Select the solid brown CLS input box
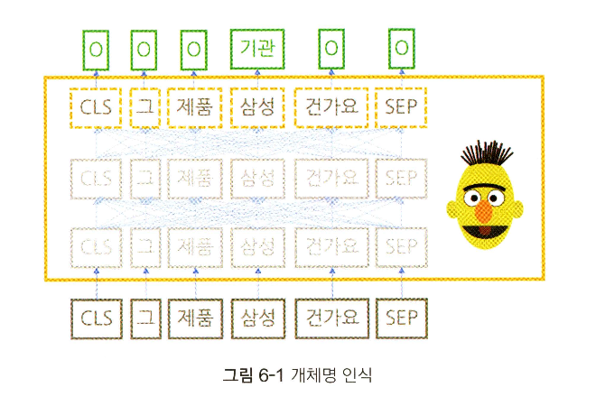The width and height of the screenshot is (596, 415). point(97,318)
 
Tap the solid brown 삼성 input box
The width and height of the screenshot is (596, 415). point(258,318)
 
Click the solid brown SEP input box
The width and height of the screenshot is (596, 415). point(401,318)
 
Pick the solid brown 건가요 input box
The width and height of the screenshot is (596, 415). point(331,318)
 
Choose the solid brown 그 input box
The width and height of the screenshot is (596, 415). point(144,318)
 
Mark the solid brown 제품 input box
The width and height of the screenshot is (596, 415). point(194,318)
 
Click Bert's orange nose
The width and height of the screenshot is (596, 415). point(485,211)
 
